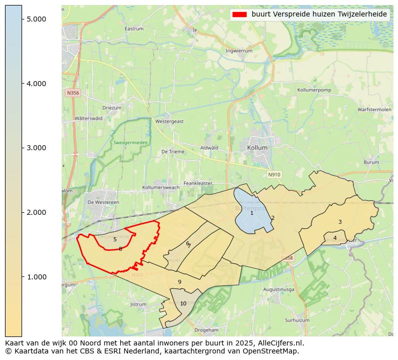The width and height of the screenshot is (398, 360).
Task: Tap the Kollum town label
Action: (x=257, y=148)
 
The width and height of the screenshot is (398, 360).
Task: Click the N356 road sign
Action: (x=72, y=93)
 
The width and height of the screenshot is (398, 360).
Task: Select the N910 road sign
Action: (x=274, y=175)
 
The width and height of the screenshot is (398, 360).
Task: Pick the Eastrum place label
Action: (x=134, y=29)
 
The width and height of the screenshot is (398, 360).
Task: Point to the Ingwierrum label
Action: (x=239, y=51)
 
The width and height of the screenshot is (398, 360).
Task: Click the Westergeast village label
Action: (x=169, y=121)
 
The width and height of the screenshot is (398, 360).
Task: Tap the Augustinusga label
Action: (x=278, y=289)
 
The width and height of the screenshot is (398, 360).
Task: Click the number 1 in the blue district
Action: (x=252, y=213)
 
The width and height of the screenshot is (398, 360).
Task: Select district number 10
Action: (x=183, y=303)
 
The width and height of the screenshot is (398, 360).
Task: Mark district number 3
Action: (x=340, y=222)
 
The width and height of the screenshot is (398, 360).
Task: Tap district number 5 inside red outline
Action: (x=115, y=240)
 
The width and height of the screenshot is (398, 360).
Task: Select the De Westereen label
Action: (x=103, y=202)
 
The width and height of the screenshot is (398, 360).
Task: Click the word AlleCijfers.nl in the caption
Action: (x=281, y=343)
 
